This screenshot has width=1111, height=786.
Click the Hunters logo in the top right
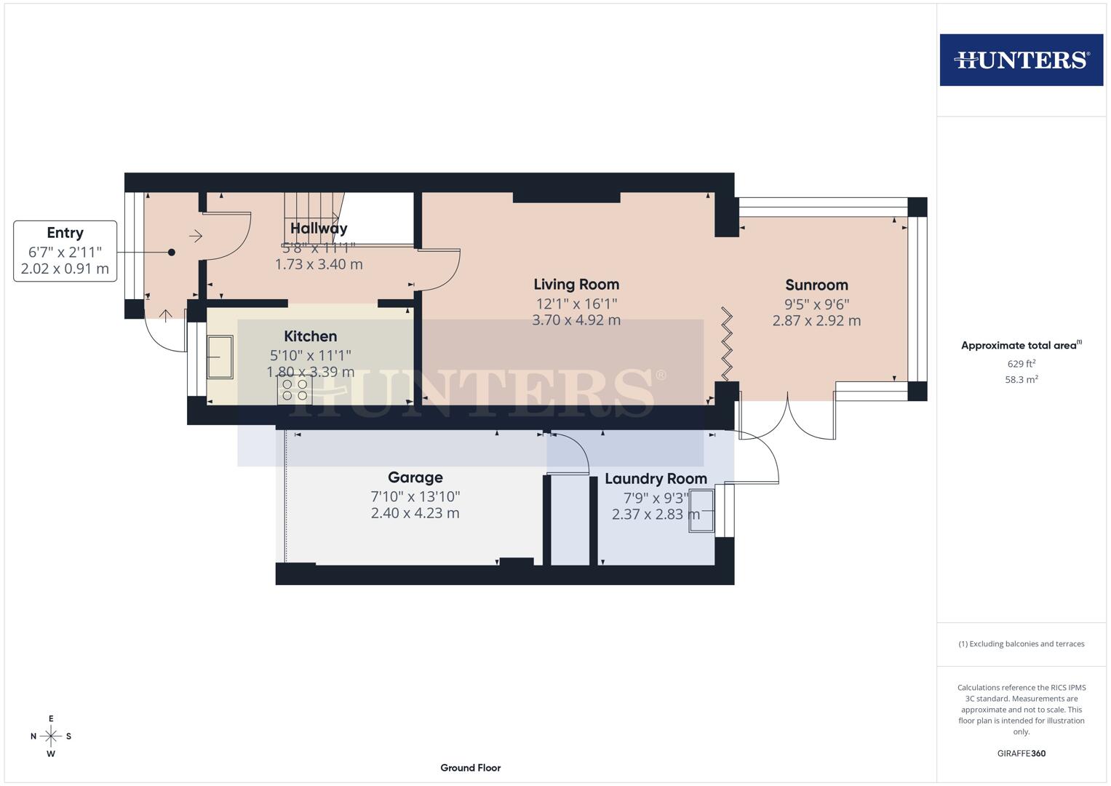1021,60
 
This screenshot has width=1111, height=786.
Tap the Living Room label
576,285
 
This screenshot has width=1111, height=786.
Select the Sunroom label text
816,285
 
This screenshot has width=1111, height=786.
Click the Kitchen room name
310,336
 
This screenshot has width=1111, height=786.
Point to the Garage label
415,477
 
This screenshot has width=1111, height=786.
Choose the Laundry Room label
656,479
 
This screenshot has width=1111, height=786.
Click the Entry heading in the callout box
65,233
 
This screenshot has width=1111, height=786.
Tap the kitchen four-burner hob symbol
294,390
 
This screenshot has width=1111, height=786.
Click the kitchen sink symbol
220,357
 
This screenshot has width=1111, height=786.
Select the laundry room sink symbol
702,510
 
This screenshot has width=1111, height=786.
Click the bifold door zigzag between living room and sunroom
726,344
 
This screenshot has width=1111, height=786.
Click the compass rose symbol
51,737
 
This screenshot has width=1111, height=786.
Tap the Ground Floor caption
470,768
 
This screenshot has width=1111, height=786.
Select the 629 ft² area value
1021,364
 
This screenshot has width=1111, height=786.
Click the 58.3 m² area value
1021,379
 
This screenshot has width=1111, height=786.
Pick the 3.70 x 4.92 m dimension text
576,320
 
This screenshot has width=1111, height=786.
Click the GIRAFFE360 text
1021,753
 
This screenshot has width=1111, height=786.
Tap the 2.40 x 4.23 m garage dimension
415,513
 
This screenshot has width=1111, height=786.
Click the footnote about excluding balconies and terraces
1021,644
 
